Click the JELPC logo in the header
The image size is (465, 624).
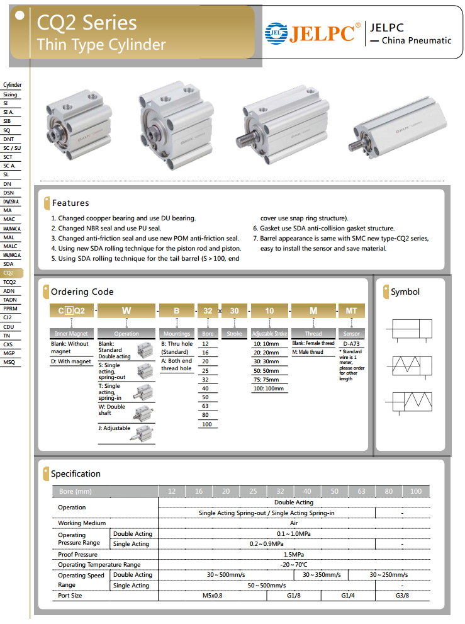point(313,33)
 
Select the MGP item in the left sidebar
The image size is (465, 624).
point(9,353)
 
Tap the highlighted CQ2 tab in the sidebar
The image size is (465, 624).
point(10,273)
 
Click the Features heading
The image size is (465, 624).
point(70,203)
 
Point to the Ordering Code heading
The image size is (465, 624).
point(82,292)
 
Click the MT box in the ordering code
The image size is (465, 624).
point(352,310)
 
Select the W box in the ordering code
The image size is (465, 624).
point(126,310)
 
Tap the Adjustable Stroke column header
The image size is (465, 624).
point(269,333)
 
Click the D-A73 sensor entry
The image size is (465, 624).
point(351,344)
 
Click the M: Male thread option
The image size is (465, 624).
point(308,352)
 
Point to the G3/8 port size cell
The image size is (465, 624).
point(402,595)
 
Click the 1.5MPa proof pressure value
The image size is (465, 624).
point(294,555)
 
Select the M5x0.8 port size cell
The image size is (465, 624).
point(212,595)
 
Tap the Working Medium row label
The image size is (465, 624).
point(82,523)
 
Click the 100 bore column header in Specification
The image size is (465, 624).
point(416,491)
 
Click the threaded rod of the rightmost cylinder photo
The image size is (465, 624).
point(357,145)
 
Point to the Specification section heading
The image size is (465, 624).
point(76,474)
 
